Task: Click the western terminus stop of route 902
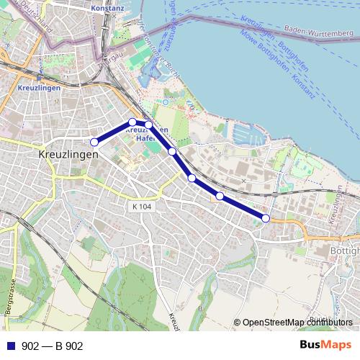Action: (94, 142)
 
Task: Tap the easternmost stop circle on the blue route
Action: (266, 218)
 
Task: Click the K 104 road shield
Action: (143, 207)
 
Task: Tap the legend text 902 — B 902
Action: (53, 346)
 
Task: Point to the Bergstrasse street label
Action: (11, 306)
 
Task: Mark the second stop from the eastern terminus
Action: (220, 196)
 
